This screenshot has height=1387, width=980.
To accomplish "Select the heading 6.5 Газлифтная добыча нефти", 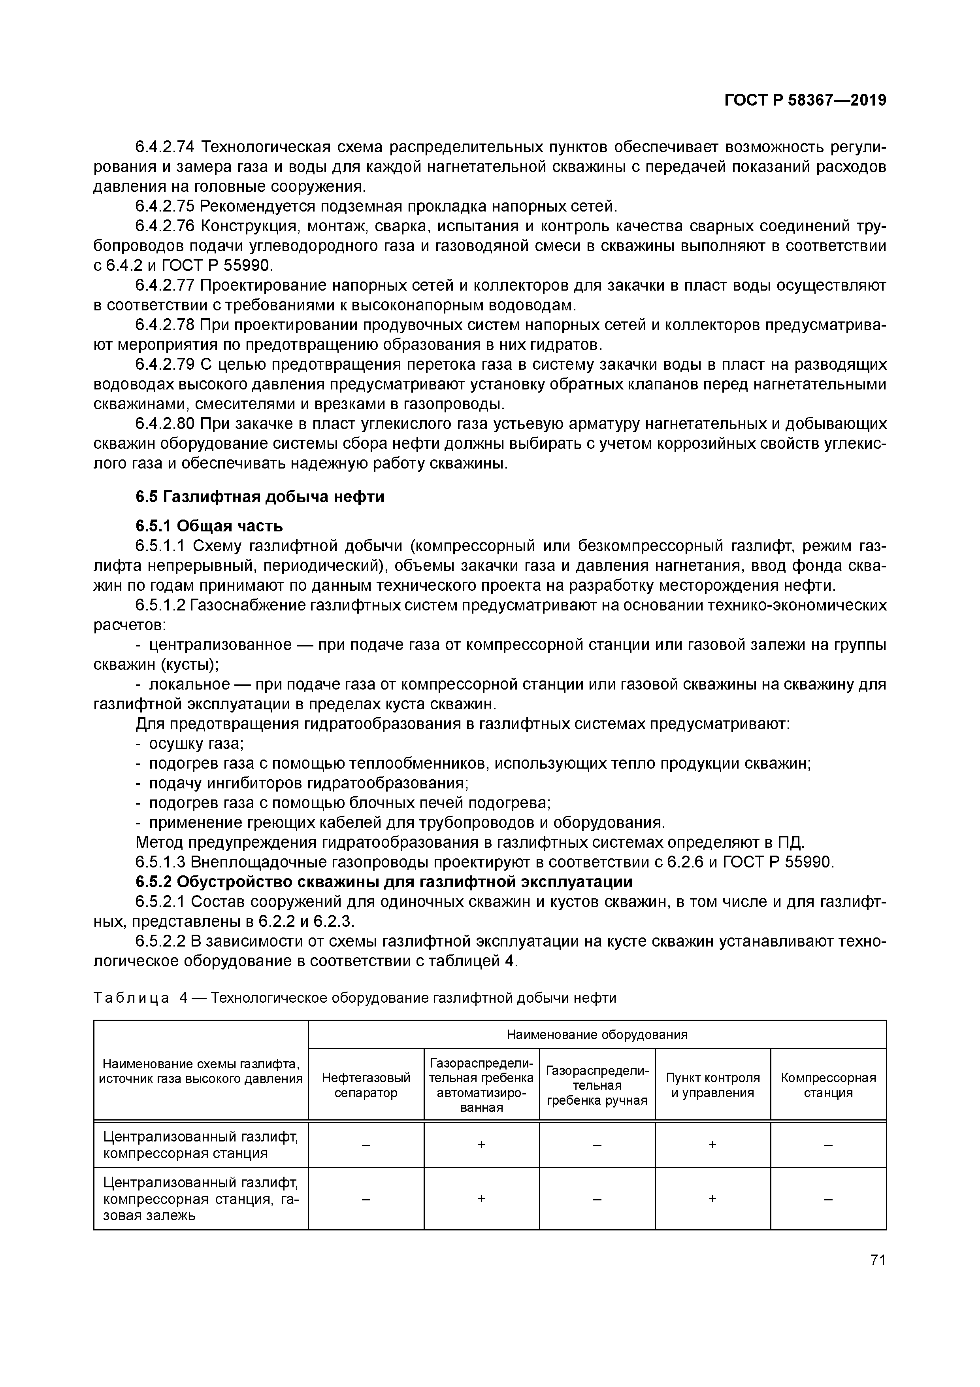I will (x=260, y=497).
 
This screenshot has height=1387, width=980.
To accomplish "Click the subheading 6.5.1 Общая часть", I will (x=209, y=525).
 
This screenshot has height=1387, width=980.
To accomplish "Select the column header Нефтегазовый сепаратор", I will (x=366, y=1085).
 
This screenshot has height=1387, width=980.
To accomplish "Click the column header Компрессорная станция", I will (x=828, y=1085).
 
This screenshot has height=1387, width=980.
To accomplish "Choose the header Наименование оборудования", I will (x=597, y=1035).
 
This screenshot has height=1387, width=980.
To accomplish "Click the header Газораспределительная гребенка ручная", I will (x=597, y=1085).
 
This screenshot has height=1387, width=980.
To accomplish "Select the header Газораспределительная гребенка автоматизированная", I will (x=481, y=1085).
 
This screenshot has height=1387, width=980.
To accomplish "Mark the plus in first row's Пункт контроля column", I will (x=712, y=1144).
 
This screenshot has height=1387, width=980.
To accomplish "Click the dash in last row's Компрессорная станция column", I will (x=828, y=1198).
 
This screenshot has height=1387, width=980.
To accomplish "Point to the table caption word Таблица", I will (x=132, y=998).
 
